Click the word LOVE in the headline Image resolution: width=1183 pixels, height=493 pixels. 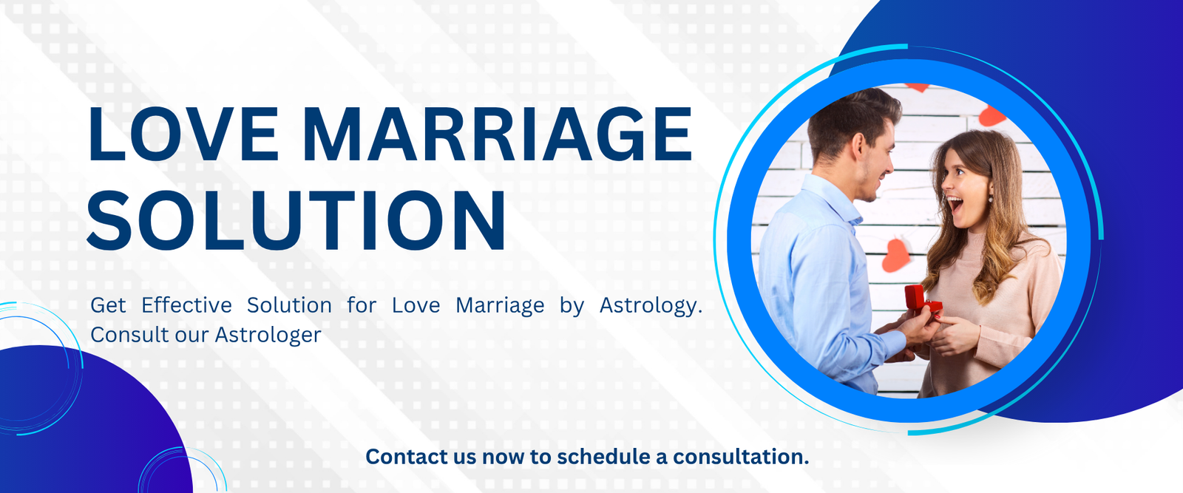(x=183, y=134)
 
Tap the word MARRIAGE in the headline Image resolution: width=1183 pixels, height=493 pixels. (x=498, y=134)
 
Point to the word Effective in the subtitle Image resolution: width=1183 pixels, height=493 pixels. (x=186, y=305)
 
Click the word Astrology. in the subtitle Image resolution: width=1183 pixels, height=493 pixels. (x=651, y=306)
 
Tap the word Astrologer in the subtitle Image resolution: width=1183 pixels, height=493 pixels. (x=268, y=336)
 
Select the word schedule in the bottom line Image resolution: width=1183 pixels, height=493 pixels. (x=603, y=457)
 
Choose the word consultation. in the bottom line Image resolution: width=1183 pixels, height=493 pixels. (x=740, y=457)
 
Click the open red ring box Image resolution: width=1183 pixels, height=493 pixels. (x=921, y=302)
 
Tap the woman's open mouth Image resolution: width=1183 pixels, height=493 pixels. (x=955, y=204)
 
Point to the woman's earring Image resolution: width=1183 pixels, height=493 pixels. (x=991, y=198)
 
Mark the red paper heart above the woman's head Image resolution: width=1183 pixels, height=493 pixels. (x=992, y=115)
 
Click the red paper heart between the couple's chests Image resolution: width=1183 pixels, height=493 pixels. (x=895, y=256)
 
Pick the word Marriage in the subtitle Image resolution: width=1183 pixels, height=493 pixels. (x=500, y=306)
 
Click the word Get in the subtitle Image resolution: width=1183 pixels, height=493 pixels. (x=108, y=305)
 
